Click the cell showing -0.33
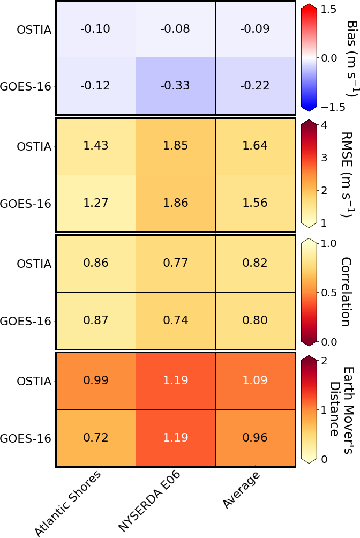click(x=175, y=86)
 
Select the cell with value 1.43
click(x=95, y=146)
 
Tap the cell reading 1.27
click(x=95, y=204)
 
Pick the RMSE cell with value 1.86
click(x=175, y=204)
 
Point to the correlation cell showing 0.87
click(x=95, y=320)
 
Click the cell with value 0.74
click(x=175, y=320)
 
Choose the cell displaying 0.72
click(x=95, y=438)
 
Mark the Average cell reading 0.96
click(x=254, y=438)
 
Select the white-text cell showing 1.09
click(x=254, y=380)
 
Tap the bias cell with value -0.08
click(x=175, y=29)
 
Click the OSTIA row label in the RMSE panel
click(x=34, y=146)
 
